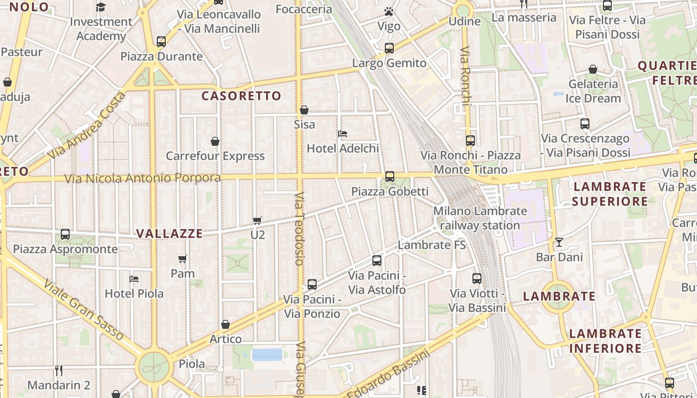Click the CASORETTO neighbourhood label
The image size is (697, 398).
241,96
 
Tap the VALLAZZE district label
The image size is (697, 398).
170,233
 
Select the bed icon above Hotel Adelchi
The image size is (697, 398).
343,133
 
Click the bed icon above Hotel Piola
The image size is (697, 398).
133,279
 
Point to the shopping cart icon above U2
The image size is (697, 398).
257,220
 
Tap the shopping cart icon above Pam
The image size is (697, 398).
183,259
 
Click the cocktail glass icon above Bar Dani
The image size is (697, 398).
559,242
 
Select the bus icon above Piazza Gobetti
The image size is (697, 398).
389,176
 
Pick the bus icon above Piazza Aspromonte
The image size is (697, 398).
65,234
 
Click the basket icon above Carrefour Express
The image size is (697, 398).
215,141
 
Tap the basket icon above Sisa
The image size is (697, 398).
304,110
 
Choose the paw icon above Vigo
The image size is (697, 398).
389,11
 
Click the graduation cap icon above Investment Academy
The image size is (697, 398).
101,7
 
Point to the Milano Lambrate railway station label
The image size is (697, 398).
480,218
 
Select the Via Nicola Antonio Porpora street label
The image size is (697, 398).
143,178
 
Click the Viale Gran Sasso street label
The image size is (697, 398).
83,309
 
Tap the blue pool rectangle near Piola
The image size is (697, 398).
267,355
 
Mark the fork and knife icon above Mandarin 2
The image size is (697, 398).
59,370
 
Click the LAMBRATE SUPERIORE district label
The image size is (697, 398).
610,194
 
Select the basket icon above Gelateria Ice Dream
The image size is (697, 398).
593,69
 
